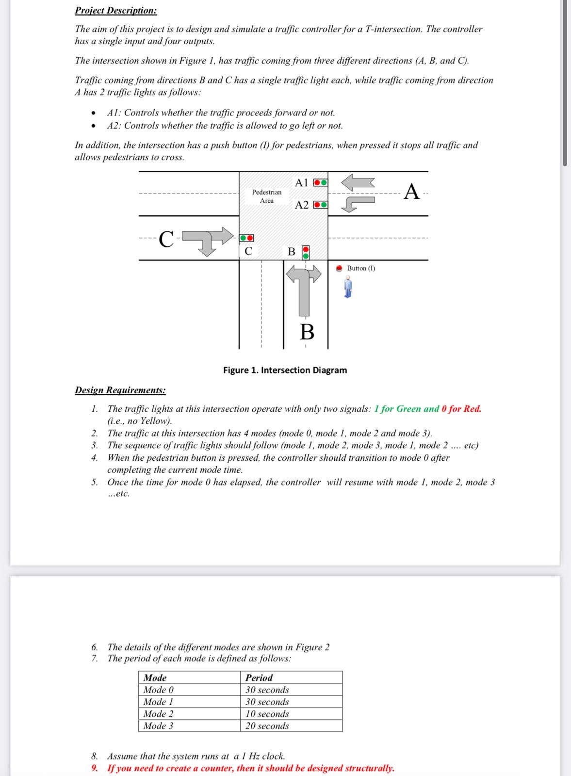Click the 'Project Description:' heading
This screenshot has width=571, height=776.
(x=115, y=10)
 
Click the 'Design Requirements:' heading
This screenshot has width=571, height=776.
(x=120, y=390)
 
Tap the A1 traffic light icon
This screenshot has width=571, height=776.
(x=320, y=183)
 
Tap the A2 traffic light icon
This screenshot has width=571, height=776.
(x=320, y=205)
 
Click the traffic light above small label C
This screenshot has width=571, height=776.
(x=246, y=238)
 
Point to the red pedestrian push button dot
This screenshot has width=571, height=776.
(x=340, y=268)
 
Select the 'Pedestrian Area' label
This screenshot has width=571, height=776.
(x=266, y=196)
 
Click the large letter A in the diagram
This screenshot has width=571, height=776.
(x=411, y=192)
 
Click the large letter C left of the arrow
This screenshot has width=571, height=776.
(x=166, y=239)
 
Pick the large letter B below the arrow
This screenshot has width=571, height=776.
(x=307, y=332)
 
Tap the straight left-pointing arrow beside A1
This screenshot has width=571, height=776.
(x=358, y=183)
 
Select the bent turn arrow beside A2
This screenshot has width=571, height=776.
(x=358, y=203)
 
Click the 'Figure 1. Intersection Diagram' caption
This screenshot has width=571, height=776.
(x=285, y=370)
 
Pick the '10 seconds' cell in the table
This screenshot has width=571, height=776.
(x=267, y=714)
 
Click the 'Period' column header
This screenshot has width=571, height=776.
(x=259, y=678)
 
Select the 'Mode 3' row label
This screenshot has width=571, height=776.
(x=158, y=726)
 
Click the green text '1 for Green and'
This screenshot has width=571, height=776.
(x=407, y=409)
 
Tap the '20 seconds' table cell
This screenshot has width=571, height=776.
(x=267, y=726)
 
